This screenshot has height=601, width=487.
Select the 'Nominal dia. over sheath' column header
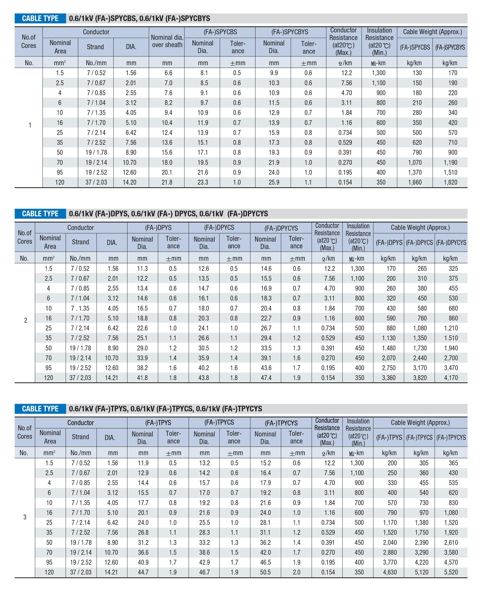point(167,41)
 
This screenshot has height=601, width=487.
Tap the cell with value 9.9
point(274,73)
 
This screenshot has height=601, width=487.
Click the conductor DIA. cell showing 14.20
point(129,182)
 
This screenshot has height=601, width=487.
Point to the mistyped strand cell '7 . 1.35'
point(80,308)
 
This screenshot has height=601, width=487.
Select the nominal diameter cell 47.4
point(266,378)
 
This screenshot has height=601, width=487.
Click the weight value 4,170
point(451,378)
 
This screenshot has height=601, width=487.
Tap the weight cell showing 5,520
point(451,572)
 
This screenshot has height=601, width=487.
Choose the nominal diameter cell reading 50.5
point(265,572)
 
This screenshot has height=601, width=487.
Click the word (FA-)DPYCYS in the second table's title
point(248,214)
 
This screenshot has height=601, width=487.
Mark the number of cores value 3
point(25,517)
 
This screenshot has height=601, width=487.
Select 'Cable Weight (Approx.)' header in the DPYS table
point(420,227)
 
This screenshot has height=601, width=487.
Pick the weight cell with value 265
point(422,269)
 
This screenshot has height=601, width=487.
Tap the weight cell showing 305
point(424,463)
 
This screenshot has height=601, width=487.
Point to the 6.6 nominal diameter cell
point(168,73)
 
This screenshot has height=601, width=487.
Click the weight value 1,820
point(450,182)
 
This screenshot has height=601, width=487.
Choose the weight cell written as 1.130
point(389,338)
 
